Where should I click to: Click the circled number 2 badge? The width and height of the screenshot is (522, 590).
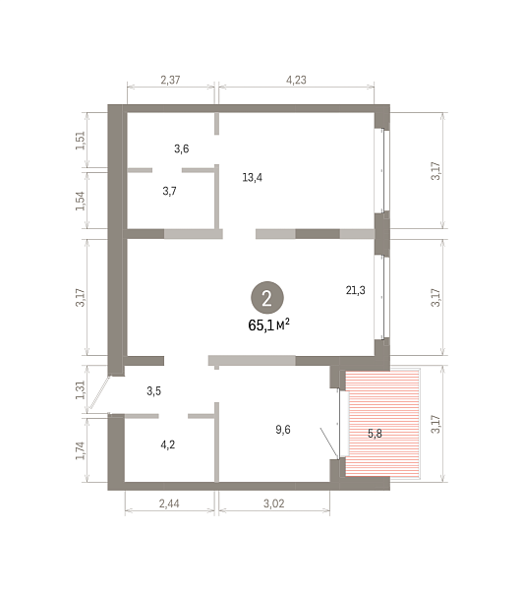[x=267, y=298]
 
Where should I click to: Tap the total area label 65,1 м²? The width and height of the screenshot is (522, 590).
[x=268, y=324]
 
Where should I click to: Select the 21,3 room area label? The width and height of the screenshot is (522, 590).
[x=356, y=290]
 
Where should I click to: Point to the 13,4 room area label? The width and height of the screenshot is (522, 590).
[x=253, y=178]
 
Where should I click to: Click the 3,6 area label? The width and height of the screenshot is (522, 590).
[x=182, y=149]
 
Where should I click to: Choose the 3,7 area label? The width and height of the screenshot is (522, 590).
[x=170, y=191]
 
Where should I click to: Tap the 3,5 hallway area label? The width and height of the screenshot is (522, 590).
[x=153, y=391]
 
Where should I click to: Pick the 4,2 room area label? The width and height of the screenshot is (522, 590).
[x=168, y=445]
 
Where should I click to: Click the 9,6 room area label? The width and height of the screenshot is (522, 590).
[x=283, y=430]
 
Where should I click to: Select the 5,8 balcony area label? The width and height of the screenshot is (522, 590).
[x=375, y=434]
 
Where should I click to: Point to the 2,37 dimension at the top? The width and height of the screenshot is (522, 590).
[x=170, y=80]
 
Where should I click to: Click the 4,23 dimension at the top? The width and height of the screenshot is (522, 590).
[x=296, y=80]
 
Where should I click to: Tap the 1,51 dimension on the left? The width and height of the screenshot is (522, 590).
[x=81, y=141]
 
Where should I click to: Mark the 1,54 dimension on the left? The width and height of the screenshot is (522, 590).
[x=81, y=201]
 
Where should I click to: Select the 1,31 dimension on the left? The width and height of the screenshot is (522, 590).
[x=81, y=390]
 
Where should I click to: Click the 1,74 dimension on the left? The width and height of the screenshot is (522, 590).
[x=81, y=450]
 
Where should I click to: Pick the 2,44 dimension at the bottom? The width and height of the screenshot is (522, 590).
[x=169, y=503]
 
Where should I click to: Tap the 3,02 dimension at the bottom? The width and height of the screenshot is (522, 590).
[x=274, y=503]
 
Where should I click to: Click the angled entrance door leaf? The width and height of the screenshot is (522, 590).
[x=99, y=393]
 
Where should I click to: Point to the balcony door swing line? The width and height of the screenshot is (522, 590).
[x=329, y=443]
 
